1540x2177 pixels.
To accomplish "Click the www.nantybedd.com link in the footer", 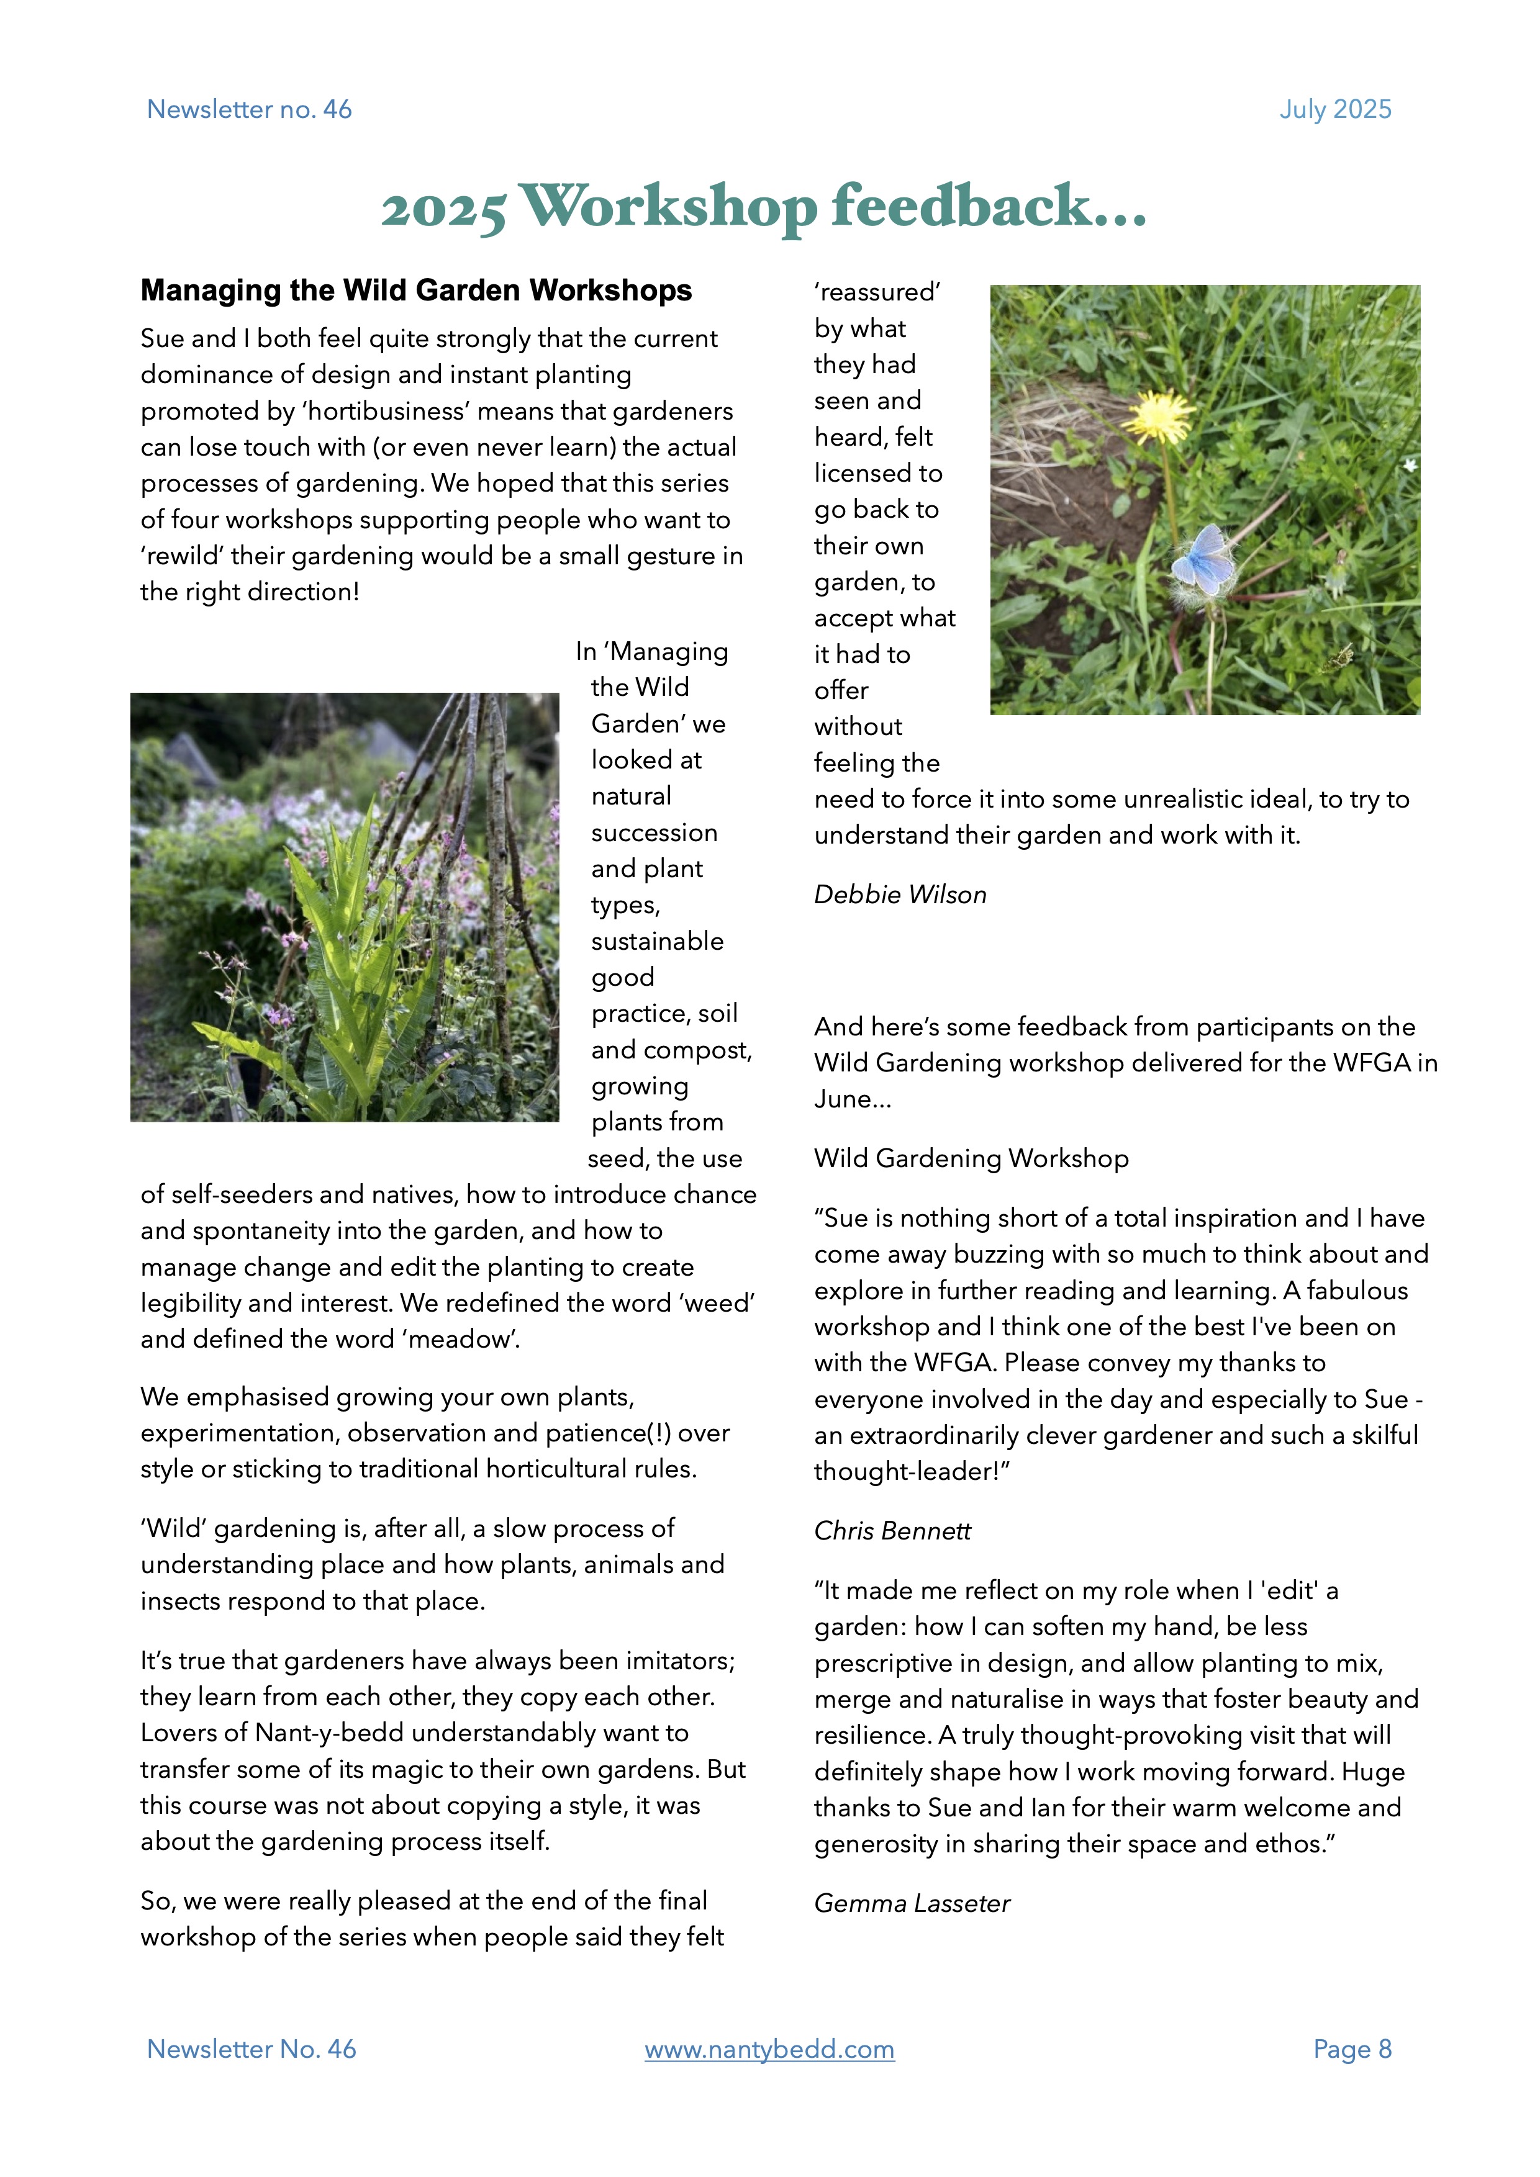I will (769, 2049).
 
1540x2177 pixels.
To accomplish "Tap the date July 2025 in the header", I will (1335, 110).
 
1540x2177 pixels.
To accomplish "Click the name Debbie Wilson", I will (900, 895).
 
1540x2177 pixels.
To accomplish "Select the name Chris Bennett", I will (892, 1531).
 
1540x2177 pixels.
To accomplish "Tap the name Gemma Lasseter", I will (912, 1904).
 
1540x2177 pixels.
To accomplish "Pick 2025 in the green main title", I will (443, 209).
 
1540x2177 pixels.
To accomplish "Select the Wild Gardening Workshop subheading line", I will (971, 1159).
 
